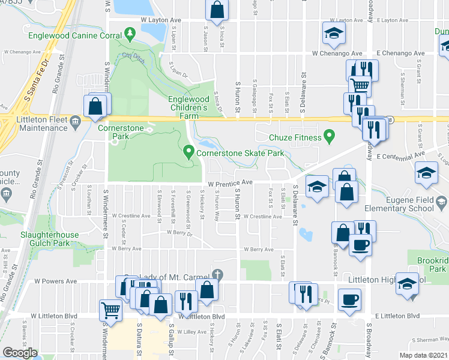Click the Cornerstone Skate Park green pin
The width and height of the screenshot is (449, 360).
point(189,152)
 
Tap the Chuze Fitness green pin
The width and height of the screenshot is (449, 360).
point(328,137)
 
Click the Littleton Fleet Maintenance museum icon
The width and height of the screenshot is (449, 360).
point(75,121)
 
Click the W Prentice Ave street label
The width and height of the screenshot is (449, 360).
point(231,183)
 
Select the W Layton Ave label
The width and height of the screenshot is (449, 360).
point(161,20)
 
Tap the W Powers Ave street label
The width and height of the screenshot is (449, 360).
point(56,280)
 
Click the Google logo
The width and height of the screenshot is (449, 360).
point(20,353)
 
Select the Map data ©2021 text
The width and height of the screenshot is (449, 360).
point(423,355)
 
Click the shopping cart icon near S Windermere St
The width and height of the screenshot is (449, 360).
point(111,310)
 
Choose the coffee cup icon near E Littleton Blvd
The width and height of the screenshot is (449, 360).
point(349,299)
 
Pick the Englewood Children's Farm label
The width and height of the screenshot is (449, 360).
point(188,103)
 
